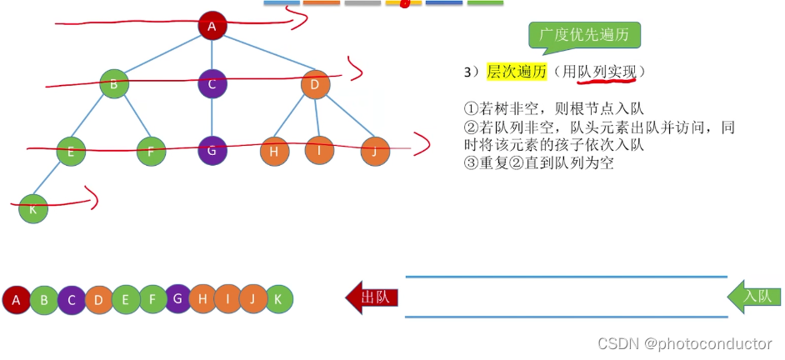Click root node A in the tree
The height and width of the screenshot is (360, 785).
212,26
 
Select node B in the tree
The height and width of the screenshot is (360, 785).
114,83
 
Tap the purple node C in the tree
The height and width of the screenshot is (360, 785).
212,83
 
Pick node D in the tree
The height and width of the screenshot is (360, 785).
315,83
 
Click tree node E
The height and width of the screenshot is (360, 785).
72,151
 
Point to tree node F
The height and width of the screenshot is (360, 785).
151,151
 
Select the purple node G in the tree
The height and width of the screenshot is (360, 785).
212,151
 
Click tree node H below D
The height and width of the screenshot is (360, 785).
273,151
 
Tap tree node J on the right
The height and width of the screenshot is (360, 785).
375,151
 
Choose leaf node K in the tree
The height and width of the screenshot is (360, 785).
33,208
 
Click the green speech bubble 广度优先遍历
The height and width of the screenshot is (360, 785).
584,36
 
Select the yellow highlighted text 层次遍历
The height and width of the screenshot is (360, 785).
517,72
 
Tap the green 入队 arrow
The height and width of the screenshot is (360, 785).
755,297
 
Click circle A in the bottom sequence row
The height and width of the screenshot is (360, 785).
17,299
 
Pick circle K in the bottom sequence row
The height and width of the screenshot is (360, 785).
279,299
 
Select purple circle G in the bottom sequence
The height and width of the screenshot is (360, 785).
177,297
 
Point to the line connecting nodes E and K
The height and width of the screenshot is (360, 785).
52,179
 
